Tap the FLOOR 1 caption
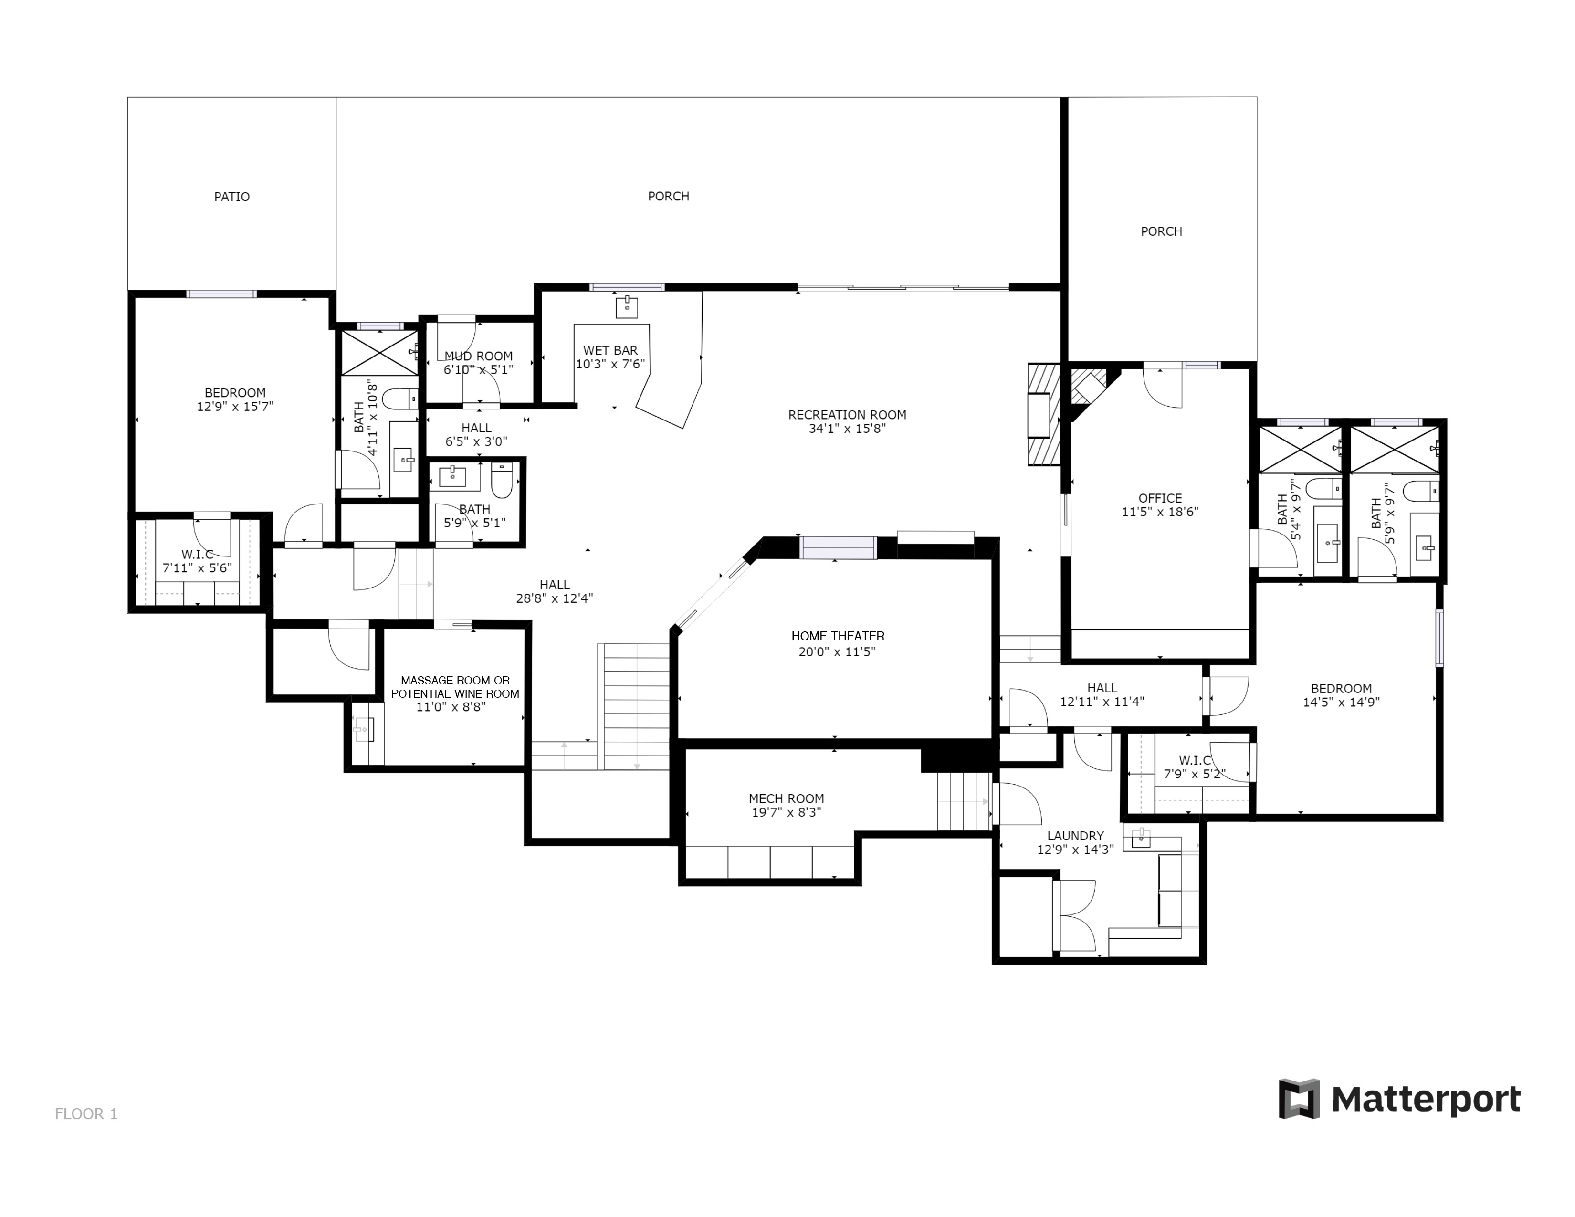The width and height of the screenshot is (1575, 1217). click(x=86, y=1114)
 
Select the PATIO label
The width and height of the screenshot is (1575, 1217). click(x=232, y=197)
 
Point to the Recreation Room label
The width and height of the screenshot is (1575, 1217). click(x=847, y=415)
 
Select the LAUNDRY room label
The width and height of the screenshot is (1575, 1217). click(x=1075, y=836)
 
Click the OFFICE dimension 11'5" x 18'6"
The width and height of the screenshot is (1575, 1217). click(x=1160, y=512)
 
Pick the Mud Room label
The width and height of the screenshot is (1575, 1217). click(x=479, y=356)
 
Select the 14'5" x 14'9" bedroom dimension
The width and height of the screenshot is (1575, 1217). click(x=1341, y=702)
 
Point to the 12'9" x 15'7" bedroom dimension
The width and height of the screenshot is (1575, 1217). click(x=235, y=407)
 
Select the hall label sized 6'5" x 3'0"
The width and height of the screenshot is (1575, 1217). click(x=477, y=428)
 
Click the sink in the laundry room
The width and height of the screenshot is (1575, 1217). click(x=1141, y=839)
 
